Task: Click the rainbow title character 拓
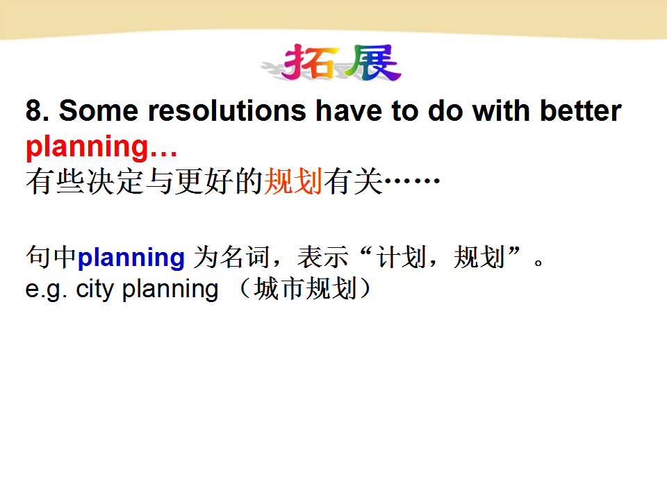[311, 62]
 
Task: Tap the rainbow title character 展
[373, 62]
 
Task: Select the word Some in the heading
[99, 110]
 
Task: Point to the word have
[349, 110]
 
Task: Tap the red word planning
[88, 147]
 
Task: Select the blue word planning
[131, 258]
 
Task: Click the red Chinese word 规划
[293, 181]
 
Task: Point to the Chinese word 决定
[115, 181]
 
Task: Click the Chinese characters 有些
[56, 181]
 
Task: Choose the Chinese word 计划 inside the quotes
[402, 257]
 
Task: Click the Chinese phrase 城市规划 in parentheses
[305, 289]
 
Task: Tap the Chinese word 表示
[322, 257]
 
